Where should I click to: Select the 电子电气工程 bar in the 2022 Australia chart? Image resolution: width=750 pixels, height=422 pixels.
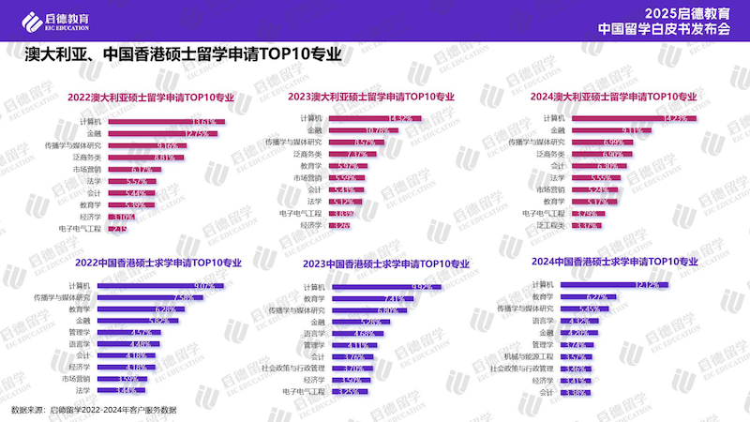coord(115,228)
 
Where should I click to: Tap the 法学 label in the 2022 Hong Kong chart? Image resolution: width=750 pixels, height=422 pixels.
coord(82,390)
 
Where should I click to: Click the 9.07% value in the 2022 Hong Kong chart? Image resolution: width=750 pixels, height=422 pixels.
coord(203,285)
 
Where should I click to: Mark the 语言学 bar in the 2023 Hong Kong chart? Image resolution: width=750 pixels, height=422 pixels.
coord(354,333)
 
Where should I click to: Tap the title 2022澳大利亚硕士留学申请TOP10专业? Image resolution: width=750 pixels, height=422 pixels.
coord(150,97)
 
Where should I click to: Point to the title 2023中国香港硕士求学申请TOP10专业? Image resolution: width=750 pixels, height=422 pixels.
coord(383,264)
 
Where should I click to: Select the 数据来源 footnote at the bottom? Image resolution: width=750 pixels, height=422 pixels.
coord(93,411)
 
